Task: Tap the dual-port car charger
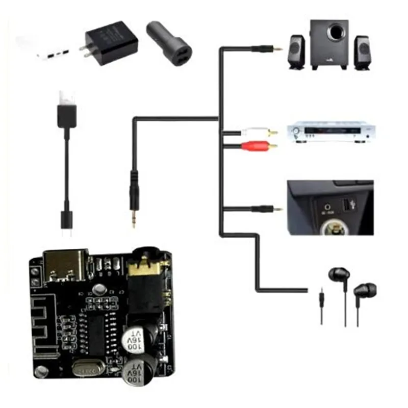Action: tap(171, 43)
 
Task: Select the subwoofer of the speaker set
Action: tap(329, 43)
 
